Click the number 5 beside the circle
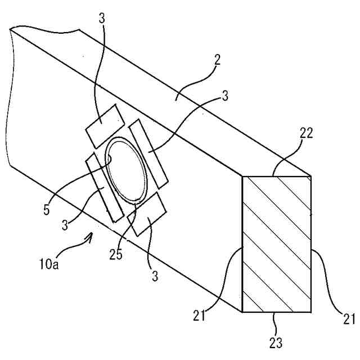tap(47, 211)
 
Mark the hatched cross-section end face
tap(276, 244)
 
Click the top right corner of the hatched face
tap(310, 177)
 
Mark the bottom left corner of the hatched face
tap(242, 311)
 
